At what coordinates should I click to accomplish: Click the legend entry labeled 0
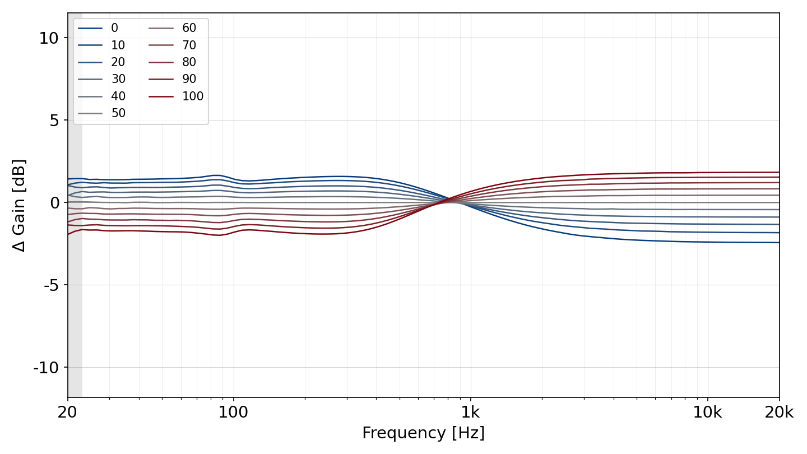click(x=98, y=28)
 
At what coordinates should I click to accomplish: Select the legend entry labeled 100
click(x=176, y=96)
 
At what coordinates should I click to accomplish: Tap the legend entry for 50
click(x=101, y=113)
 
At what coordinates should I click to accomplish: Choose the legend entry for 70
click(x=172, y=45)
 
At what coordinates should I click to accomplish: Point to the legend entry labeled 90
click(x=172, y=79)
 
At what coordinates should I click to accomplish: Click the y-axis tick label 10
click(x=49, y=38)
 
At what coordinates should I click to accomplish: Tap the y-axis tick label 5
click(x=54, y=121)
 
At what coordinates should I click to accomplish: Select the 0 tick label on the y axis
click(x=54, y=203)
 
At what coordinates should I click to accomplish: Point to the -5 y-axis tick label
click(x=51, y=285)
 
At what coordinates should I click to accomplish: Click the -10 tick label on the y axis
click(x=46, y=368)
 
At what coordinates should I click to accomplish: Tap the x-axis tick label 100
click(x=234, y=412)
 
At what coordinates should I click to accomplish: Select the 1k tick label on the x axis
click(x=471, y=412)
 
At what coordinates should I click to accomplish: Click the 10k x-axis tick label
click(x=708, y=412)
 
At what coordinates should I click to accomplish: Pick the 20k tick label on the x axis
click(x=779, y=412)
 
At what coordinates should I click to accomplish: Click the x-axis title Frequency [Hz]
click(x=423, y=433)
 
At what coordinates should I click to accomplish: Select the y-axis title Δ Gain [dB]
click(x=18, y=205)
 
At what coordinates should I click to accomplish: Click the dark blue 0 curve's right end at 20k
click(x=779, y=243)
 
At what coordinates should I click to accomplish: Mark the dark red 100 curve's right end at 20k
click(x=779, y=172)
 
